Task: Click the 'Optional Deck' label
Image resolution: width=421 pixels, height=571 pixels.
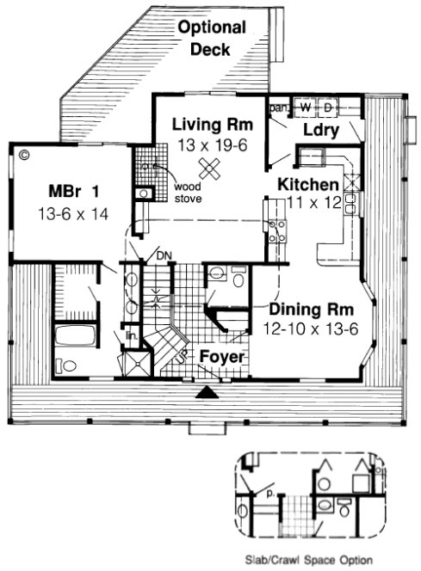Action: tap(211, 39)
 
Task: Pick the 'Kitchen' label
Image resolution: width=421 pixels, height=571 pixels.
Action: tap(306, 185)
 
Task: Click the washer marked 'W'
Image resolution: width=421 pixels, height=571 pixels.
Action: tap(306, 108)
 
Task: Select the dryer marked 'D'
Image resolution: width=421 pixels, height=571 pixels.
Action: tap(327, 108)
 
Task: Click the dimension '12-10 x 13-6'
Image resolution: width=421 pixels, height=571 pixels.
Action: tap(303, 328)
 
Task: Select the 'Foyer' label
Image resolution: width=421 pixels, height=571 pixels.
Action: tap(222, 357)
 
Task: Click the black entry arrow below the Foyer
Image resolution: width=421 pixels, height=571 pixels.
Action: tap(206, 393)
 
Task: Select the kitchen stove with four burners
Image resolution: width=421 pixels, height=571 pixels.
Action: tap(277, 230)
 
